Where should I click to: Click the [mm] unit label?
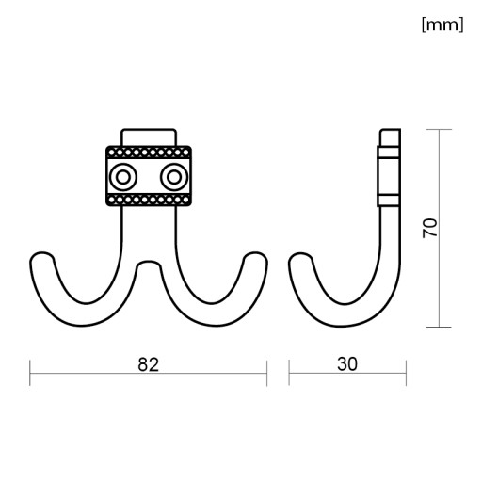coord(442,24)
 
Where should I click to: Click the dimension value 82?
coord(148,364)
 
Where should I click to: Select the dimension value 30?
coord(347,364)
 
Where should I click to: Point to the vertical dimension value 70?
coord(429,228)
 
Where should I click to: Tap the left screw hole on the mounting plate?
coord(122,177)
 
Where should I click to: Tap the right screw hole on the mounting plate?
coord(174,177)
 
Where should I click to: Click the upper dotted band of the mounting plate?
coord(149,153)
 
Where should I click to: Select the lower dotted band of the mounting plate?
coord(149,200)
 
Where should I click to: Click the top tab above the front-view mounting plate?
coord(149,137)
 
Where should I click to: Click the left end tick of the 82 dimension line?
coord(30,373)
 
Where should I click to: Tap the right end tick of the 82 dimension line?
coord(266,373)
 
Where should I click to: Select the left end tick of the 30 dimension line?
coord(289,373)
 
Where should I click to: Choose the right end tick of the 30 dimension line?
coord(406,373)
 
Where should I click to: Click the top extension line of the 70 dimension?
coord(439,129)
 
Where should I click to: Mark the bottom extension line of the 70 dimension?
coord(439,327)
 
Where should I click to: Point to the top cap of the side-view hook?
coord(391,137)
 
